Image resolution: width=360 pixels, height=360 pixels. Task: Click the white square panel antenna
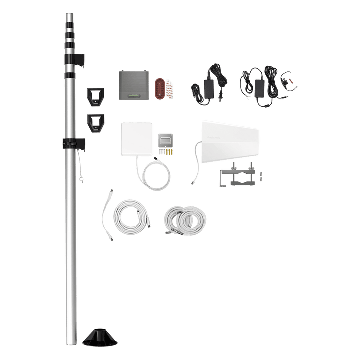136,143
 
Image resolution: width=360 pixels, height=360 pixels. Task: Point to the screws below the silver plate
166,150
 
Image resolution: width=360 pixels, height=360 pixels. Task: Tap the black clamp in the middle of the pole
72,143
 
